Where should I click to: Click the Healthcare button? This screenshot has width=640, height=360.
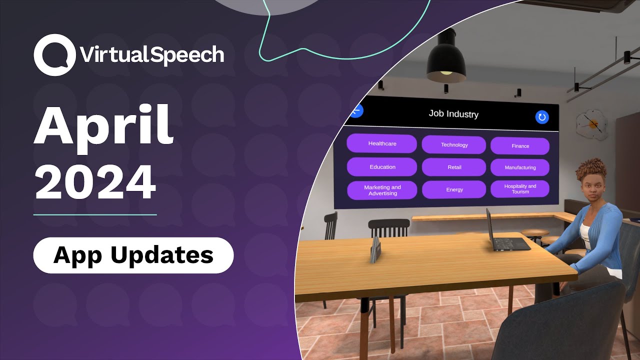[381, 143]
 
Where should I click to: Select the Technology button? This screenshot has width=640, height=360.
[454, 145]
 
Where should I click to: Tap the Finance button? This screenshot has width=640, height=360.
[520, 146]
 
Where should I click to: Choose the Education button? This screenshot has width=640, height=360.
[382, 167]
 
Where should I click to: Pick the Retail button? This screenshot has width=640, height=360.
[454, 167]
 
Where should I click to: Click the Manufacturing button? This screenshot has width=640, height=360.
[520, 167]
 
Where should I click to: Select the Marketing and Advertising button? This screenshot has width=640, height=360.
[382, 190]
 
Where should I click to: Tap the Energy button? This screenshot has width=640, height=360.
[454, 189]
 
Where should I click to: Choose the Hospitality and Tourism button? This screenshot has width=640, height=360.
[520, 188]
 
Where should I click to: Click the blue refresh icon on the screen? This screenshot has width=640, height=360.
[542, 117]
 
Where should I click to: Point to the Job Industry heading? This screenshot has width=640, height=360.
[453, 114]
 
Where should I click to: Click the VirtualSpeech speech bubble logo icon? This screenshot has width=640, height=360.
[54, 55]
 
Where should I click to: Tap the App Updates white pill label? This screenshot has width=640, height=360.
[133, 255]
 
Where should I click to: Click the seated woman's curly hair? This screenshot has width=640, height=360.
[592, 170]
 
